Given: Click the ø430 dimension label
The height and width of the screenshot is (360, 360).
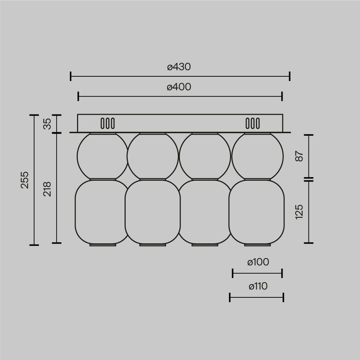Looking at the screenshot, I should point(179,67).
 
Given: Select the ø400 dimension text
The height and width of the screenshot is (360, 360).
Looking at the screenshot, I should point(179,87).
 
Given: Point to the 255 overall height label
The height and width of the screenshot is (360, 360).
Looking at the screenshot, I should point(24,180).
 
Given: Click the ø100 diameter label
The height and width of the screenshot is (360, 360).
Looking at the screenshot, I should point(258,262).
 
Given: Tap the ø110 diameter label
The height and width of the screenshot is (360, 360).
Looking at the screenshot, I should point(258,286).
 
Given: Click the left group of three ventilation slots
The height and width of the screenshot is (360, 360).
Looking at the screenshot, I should point(108,123).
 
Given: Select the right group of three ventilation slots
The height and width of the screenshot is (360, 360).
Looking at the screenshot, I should point(252,123).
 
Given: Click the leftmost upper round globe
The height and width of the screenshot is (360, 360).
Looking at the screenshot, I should point(103,156).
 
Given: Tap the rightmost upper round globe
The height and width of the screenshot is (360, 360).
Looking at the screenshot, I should point(257,156).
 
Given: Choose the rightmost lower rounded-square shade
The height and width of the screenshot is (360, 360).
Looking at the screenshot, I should point(257,212).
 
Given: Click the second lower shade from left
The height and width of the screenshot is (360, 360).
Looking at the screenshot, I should point(153,212).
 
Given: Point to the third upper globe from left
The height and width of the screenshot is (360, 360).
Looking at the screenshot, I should point(204,156).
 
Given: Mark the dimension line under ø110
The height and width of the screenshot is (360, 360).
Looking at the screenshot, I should point(257,297).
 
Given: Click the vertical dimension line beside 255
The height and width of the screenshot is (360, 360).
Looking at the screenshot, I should point(34,180).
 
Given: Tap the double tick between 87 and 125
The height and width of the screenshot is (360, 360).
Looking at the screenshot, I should point(309,179).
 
